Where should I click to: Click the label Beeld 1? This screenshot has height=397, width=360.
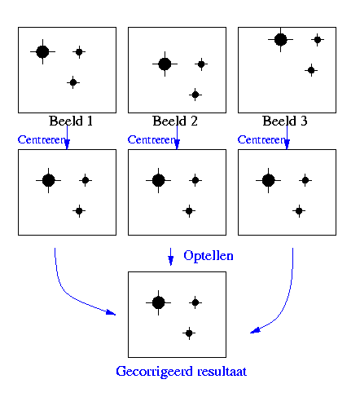(71, 121)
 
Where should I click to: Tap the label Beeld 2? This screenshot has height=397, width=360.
(175, 121)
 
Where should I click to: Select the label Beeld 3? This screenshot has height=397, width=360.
(285, 121)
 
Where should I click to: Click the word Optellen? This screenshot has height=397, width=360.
(209, 256)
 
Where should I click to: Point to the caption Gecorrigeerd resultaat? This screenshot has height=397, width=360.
(181, 372)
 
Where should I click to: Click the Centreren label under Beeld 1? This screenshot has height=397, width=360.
(42, 139)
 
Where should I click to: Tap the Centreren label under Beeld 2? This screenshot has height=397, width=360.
(151, 139)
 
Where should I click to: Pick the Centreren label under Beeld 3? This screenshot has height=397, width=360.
(261, 139)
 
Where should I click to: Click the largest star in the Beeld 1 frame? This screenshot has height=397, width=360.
(42, 51)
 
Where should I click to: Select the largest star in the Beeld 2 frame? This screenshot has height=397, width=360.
(165, 64)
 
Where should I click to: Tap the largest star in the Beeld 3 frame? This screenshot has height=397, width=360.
(280, 39)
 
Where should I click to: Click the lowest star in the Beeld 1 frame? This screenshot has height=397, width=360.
(73, 82)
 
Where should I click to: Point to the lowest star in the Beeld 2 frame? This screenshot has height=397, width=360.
(195, 95)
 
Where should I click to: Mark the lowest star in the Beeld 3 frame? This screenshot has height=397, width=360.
(311, 70)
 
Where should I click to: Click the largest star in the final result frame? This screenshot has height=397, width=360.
(159, 302)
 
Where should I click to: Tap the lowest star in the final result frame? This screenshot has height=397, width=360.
(189, 333)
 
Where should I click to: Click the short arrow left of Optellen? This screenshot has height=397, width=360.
(170, 257)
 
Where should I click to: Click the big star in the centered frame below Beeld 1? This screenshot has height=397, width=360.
(49, 180)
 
